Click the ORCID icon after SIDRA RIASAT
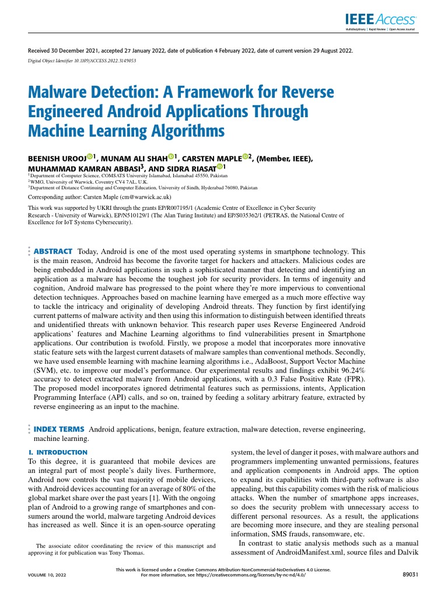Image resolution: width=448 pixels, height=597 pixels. coord(220,167)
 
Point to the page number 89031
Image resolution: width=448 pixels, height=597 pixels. coord(412,575)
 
